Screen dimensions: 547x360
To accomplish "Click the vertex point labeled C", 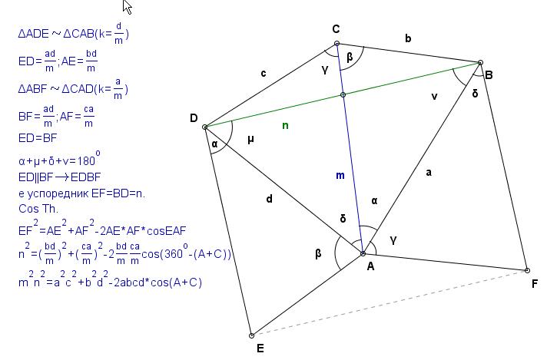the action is tap(336, 44).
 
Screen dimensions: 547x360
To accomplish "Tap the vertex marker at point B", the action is tap(480, 63).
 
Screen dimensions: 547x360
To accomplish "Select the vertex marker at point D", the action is tap(205, 127).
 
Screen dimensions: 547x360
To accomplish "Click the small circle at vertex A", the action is tap(363, 254).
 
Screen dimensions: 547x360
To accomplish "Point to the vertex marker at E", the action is tap(251, 335).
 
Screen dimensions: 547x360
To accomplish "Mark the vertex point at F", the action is tap(527, 270).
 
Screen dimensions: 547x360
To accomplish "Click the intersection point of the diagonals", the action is tap(343, 94).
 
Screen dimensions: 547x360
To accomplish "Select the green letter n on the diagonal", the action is tap(285, 125).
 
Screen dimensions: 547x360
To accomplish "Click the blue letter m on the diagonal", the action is tap(340, 175).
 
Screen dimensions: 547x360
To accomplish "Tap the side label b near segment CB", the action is tap(408, 38).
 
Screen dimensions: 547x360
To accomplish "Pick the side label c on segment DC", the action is tap(264, 73).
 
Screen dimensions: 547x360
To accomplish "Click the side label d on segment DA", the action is tap(269, 199).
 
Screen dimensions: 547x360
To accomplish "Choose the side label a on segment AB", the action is tap(429, 172).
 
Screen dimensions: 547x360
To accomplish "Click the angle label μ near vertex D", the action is tap(250, 140).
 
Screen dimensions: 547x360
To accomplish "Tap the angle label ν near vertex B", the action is tap(434, 96).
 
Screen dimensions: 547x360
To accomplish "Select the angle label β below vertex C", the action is tap(350, 57).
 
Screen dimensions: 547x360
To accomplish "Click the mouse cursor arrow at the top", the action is tap(128, 7).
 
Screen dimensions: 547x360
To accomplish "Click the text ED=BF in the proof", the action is tap(38, 138).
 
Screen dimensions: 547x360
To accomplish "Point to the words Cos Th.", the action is tap(38, 209).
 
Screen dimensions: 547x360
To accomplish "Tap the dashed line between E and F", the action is tap(390, 303).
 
